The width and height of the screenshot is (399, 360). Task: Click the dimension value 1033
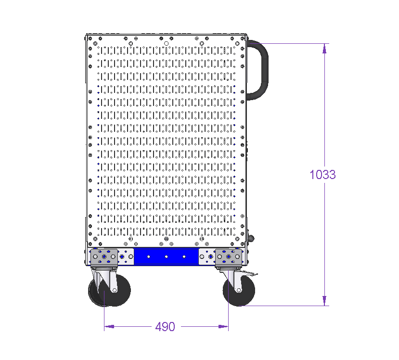(x=322, y=175)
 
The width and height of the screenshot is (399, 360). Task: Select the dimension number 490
(x=165, y=326)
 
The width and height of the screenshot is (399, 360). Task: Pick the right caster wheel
(x=239, y=291)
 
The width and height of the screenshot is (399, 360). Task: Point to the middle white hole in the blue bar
(x=166, y=257)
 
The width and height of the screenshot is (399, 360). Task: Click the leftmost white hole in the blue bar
(x=148, y=257)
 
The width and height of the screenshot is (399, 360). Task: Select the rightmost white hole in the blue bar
(x=184, y=257)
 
